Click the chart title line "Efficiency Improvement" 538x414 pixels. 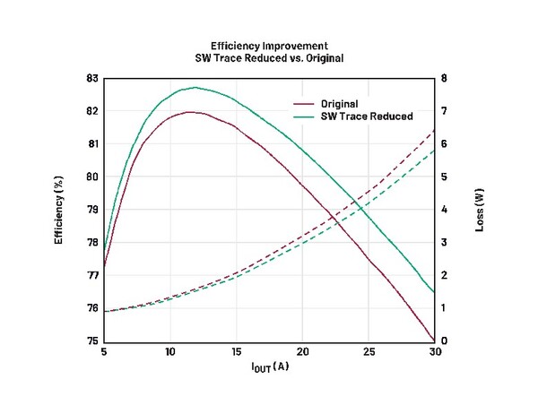(x=270, y=45)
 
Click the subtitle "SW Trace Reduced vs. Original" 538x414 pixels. (x=270, y=57)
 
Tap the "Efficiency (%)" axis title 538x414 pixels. (x=59, y=210)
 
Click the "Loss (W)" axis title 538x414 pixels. (x=480, y=210)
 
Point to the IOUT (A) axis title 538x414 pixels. (x=268, y=366)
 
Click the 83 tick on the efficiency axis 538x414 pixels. (x=91, y=78)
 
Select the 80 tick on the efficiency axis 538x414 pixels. (x=91, y=177)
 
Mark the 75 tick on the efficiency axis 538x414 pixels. (x=91, y=341)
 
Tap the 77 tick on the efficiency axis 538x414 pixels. (x=91, y=275)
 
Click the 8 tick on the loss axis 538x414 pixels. (x=446, y=78)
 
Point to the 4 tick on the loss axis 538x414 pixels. (x=446, y=210)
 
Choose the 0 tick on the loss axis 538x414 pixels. (x=446, y=341)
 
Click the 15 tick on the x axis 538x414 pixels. (x=237, y=352)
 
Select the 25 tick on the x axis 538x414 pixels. (x=369, y=352)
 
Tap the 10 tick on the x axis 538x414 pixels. (x=170, y=352)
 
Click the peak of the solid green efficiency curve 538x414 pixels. (x=195, y=88)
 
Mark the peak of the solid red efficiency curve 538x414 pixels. (x=191, y=112)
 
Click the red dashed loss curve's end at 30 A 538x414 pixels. (x=435, y=130)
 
